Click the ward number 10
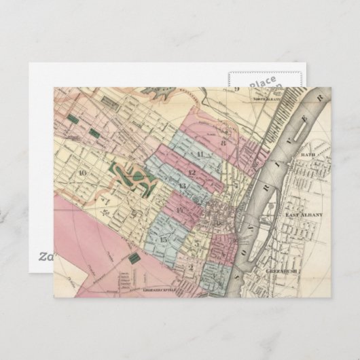[82, 173]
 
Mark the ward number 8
[222, 143]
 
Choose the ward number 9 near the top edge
[237, 89]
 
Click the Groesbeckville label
[159, 289]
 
